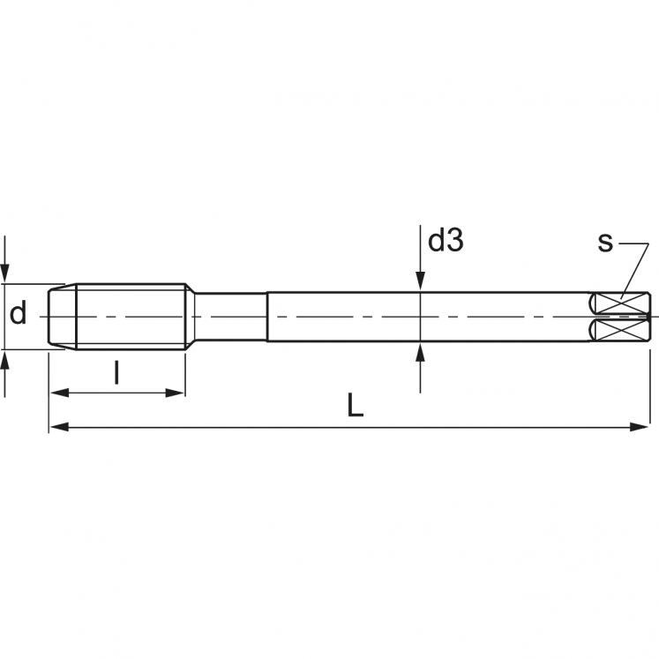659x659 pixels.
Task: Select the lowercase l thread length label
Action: click(116, 374)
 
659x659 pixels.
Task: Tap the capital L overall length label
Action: click(355, 405)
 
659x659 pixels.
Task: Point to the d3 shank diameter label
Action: click(446, 241)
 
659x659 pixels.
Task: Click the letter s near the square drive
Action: click(605, 242)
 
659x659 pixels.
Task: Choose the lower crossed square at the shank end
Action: click(622, 330)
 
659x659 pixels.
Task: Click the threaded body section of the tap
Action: click(131, 316)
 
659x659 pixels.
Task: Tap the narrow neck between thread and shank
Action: click(229, 316)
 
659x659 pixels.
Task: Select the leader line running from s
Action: click(633, 265)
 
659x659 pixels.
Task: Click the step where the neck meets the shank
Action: click(267, 316)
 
